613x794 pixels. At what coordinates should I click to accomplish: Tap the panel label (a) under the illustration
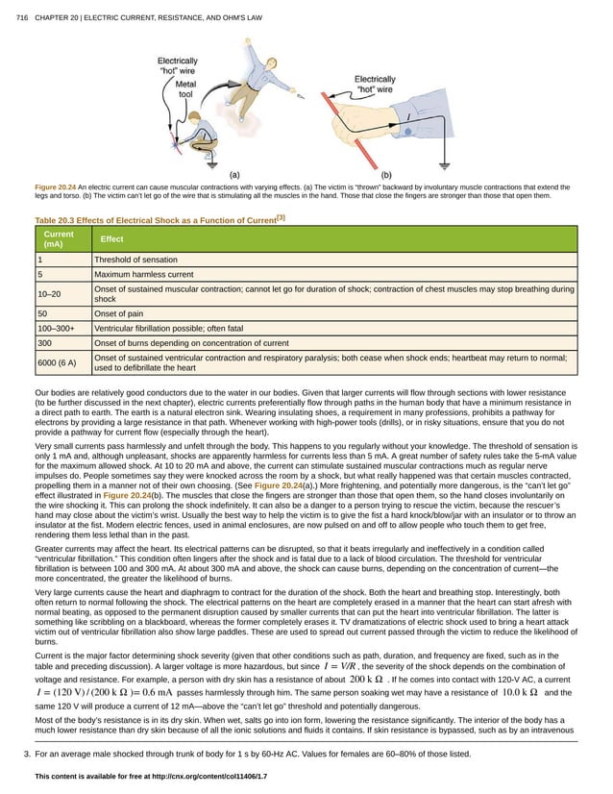click(233, 174)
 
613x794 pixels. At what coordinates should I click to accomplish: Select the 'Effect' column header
click(111, 239)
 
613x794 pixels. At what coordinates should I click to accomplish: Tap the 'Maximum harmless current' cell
click(143, 274)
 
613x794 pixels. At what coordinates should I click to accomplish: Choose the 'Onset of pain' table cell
click(121, 313)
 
